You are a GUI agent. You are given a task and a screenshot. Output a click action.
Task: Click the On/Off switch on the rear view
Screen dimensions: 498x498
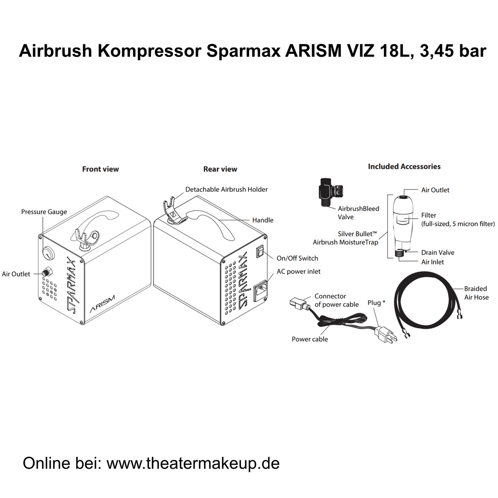click(x=259, y=251)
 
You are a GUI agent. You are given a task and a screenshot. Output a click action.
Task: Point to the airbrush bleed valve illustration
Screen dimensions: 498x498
click(x=330, y=190)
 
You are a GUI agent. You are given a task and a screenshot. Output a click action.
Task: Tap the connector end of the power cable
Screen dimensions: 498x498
click(x=298, y=303)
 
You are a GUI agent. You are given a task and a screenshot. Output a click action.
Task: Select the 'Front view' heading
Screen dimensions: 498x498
click(x=100, y=169)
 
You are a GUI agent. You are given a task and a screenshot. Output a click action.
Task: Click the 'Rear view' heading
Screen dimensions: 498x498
click(x=220, y=169)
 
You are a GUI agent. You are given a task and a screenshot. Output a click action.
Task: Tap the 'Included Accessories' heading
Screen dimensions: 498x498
click(x=404, y=166)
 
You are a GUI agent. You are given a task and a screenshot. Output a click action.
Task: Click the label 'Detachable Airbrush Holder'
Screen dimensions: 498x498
click(x=226, y=189)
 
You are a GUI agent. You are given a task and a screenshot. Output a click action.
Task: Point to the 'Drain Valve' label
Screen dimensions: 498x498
click(x=437, y=252)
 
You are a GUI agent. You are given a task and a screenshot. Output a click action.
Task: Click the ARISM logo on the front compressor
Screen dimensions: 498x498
click(x=102, y=304)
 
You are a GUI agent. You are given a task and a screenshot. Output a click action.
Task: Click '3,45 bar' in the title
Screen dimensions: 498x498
click(x=453, y=51)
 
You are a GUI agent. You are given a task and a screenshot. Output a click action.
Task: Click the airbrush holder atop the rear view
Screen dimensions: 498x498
click(x=171, y=210)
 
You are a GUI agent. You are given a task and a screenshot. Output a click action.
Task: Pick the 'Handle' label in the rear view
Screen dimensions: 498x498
click(x=263, y=220)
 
